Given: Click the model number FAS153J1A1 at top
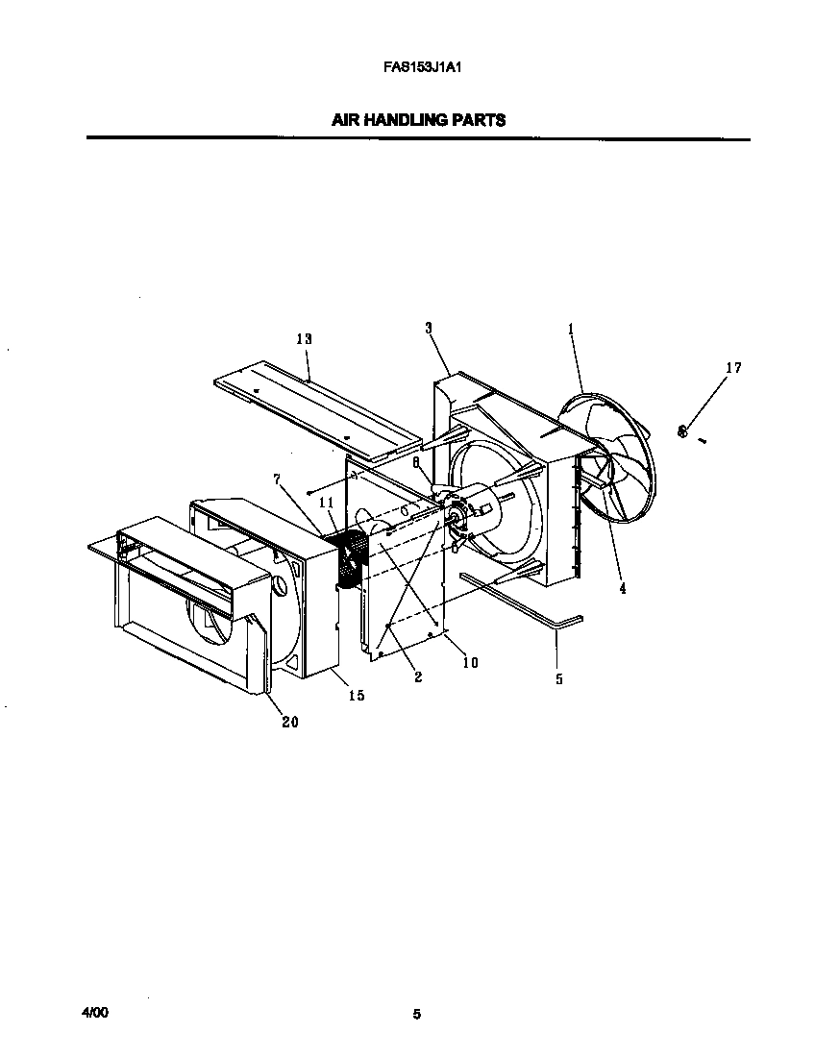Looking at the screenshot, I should tap(417, 68).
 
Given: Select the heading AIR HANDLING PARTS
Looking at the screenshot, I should tap(418, 120).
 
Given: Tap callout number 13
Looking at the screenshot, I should tap(304, 339).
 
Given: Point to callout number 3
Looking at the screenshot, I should tap(429, 328).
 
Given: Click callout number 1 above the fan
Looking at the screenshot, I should tap(570, 329).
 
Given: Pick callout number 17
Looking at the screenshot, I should tap(733, 367).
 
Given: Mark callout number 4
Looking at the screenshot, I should tap(622, 588).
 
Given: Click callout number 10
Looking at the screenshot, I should tap(470, 662).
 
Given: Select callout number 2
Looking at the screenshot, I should tap(418, 676).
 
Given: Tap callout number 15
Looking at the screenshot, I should tap(357, 695).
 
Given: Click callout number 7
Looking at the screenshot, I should tap(276, 478).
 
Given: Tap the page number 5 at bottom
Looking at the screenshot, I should tap(416, 1014).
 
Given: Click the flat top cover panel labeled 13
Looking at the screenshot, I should tap(317, 404).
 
